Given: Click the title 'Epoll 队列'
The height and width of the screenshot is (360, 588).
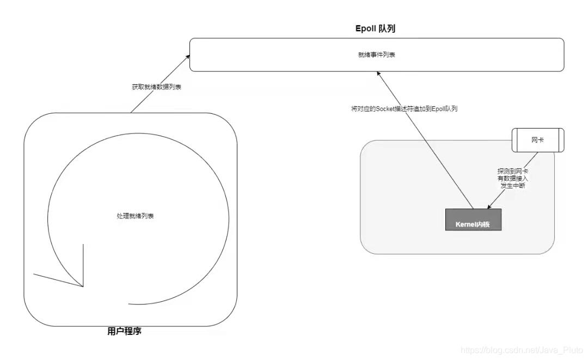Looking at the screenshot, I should [375, 29].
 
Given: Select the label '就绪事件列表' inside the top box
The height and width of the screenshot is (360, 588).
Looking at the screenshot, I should [377, 55].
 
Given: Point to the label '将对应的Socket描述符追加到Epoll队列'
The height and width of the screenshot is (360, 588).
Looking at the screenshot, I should [405, 109].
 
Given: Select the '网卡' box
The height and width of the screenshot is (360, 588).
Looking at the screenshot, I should [538, 140].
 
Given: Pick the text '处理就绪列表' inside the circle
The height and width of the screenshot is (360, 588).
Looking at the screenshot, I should [136, 216].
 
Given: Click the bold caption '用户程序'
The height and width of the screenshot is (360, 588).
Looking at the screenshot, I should [125, 331].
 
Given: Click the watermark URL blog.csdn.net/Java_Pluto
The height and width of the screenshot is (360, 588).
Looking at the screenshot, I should [522, 350].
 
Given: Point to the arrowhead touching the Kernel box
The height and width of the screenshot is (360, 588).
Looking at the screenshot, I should [489, 207].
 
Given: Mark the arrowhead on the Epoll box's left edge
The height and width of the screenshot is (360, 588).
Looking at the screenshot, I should [187, 56].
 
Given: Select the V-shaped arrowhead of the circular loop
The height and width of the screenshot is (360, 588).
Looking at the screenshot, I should [81, 283].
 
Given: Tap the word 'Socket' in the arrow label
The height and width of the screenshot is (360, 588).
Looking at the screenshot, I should [387, 109].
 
